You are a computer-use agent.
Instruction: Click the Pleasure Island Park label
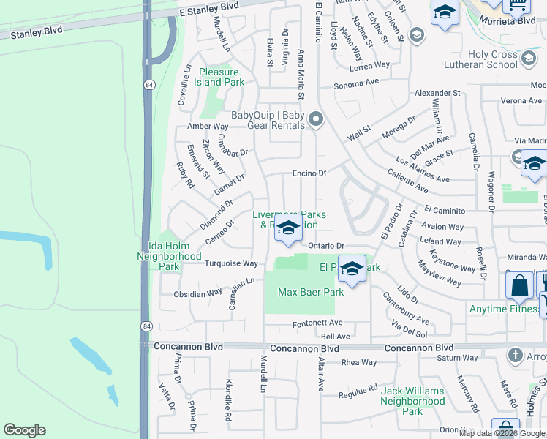(x=219, y=77)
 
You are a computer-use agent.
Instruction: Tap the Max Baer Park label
(x=311, y=292)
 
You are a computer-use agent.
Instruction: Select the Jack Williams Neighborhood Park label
(x=412, y=401)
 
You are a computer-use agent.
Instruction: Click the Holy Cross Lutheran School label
(x=503, y=59)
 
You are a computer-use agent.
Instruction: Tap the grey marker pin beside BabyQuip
(x=316, y=119)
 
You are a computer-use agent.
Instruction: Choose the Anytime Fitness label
(x=504, y=309)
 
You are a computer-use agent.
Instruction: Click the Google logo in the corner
(x=24, y=430)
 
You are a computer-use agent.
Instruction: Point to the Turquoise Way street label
(x=231, y=263)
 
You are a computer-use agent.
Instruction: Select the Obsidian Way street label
(x=197, y=293)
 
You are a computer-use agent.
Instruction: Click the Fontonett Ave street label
(x=317, y=323)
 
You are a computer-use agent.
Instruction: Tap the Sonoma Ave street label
(x=358, y=84)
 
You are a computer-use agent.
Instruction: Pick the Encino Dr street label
(x=309, y=173)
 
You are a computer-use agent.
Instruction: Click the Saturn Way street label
(x=458, y=359)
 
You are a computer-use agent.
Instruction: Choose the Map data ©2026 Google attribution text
(x=502, y=433)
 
